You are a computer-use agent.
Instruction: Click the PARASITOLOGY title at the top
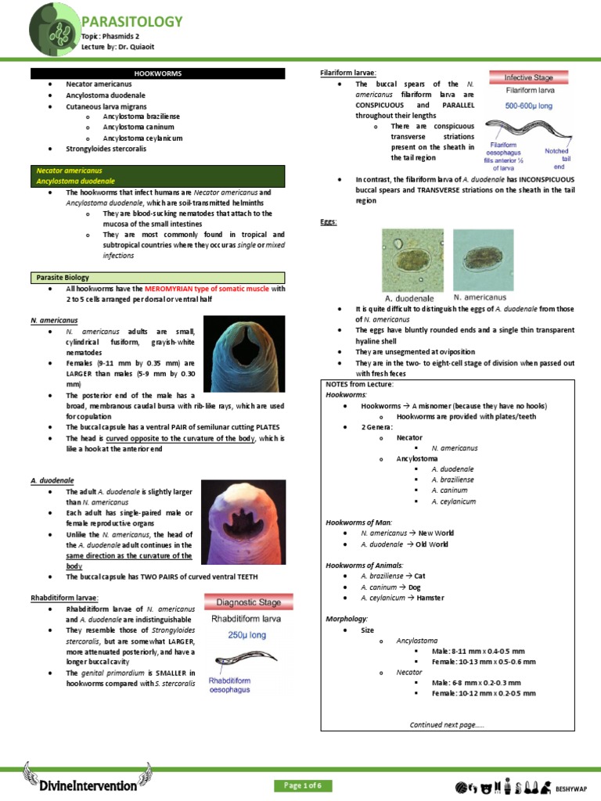(132, 21)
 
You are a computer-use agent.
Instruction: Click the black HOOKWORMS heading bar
(158, 73)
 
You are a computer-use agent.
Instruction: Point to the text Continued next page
(447, 724)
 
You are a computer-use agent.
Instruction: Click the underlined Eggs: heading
(328, 223)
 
